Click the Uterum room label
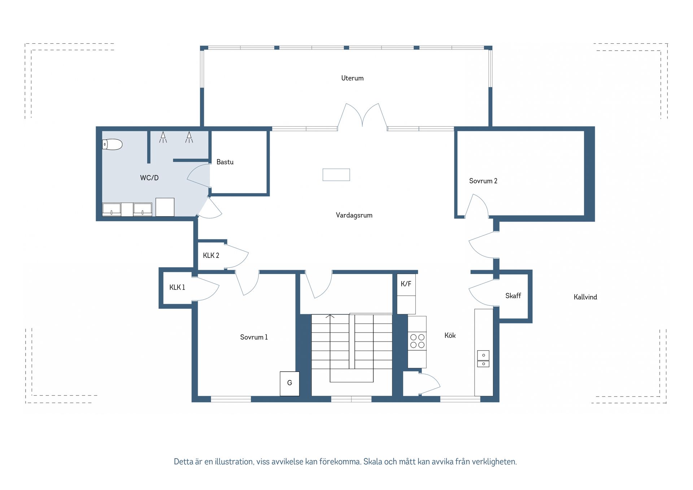pyautogui.click(x=352, y=78)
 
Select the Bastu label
pyautogui.click(x=225, y=162)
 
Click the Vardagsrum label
pyautogui.click(x=354, y=215)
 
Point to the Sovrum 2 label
pyautogui.click(x=483, y=181)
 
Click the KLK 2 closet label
pyautogui.click(x=211, y=256)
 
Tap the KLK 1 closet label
pyautogui.click(x=177, y=287)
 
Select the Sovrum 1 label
pyautogui.click(x=254, y=337)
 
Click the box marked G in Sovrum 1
pyautogui.click(x=289, y=383)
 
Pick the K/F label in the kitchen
pyautogui.click(x=406, y=284)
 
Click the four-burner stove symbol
pyautogui.click(x=417, y=341)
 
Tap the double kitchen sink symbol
pyautogui.click(x=483, y=359)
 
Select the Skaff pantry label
pyautogui.click(x=513, y=296)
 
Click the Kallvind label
pyautogui.click(x=585, y=297)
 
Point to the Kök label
pyautogui.click(x=450, y=335)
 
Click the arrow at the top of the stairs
pyautogui.click(x=330, y=317)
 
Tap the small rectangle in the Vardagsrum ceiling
pyautogui.click(x=336, y=175)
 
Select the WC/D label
pyautogui.click(x=149, y=178)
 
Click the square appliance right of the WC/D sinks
pyautogui.click(x=165, y=207)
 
